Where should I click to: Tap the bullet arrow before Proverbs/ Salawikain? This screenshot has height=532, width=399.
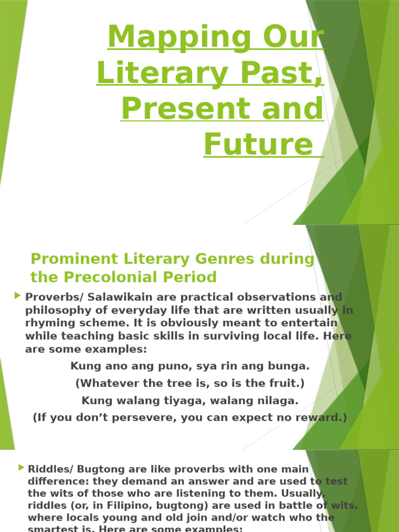(x=18, y=296)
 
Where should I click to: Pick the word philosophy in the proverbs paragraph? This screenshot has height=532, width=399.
(x=58, y=310)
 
